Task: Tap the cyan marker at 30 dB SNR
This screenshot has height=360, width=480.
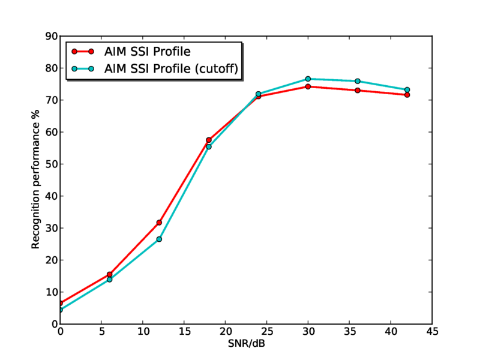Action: [308, 79]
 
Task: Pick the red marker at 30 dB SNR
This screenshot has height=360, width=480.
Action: [308, 86]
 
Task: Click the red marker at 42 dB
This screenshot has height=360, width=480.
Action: [407, 95]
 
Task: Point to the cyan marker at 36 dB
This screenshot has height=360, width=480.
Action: [358, 81]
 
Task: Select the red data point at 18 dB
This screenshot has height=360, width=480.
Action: [209, 140]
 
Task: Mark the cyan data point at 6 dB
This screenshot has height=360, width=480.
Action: [109, 279]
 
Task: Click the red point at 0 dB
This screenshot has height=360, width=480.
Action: [60, 303]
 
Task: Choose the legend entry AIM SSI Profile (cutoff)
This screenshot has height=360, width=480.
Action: [172, 69]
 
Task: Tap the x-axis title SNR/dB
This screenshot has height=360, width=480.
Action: [245, 344]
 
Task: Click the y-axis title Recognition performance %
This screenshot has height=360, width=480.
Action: [36, 180]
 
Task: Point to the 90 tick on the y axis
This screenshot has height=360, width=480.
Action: [52, 37]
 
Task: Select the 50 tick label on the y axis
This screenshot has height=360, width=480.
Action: [52, 164]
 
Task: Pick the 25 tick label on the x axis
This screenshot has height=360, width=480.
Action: [266, 332]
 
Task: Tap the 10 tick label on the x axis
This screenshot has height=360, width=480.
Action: [143, 332]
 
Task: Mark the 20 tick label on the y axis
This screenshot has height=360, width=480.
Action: [52, 260]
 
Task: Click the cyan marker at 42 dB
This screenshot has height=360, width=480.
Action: [407, 90]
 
